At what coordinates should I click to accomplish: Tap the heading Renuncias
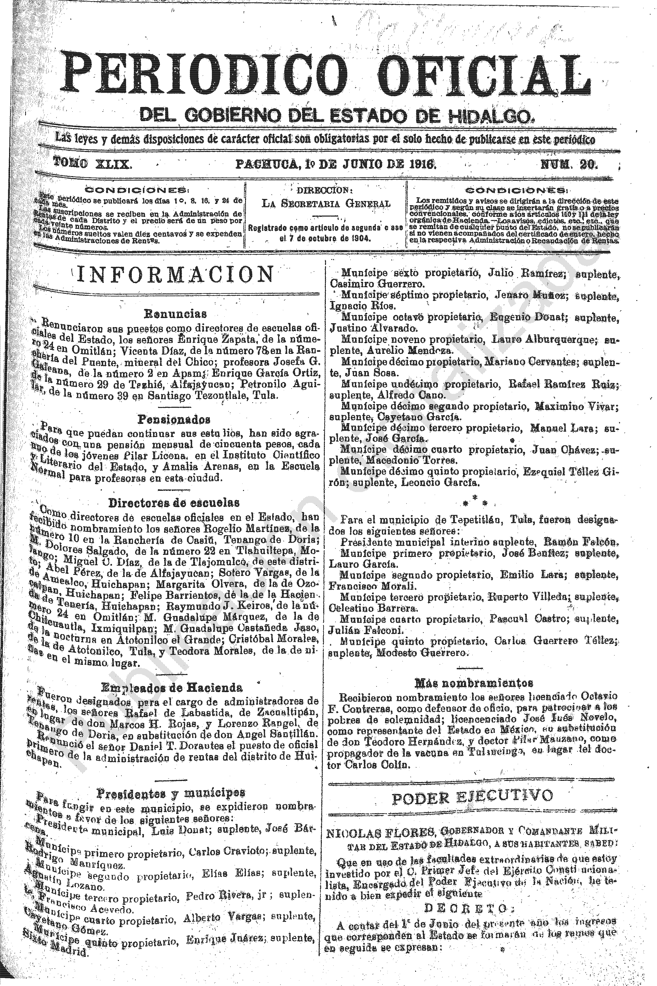(175, 313)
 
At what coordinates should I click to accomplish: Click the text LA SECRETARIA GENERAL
(326, 204)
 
